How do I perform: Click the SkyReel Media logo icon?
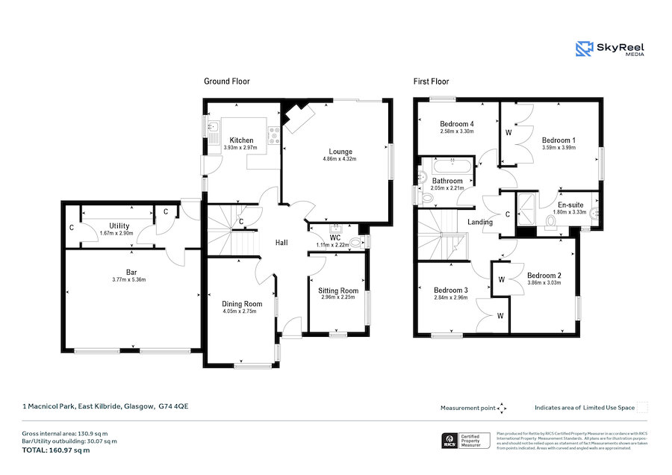tap(585, 49)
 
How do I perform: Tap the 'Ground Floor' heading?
tap(227, 81)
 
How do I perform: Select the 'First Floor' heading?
tap(431, 81)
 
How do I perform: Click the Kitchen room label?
tap(241, 140)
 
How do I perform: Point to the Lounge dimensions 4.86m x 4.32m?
tap(337, 159)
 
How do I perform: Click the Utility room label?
tap(119, 226)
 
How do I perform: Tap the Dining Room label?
tap(242, 304)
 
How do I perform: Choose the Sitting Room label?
tap(337, 291)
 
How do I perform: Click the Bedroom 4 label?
tap(456, 124)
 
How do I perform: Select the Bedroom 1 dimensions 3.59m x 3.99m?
tap(559, 148)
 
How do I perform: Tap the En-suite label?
tap(571, 204)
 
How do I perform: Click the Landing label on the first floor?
tap(480, 222)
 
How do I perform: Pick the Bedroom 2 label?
tap(543, 276)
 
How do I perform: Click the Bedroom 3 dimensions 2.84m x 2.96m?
tap(450, 298)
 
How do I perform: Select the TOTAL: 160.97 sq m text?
tap(56, 450)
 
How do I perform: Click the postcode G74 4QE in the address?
tap(173, 407)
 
